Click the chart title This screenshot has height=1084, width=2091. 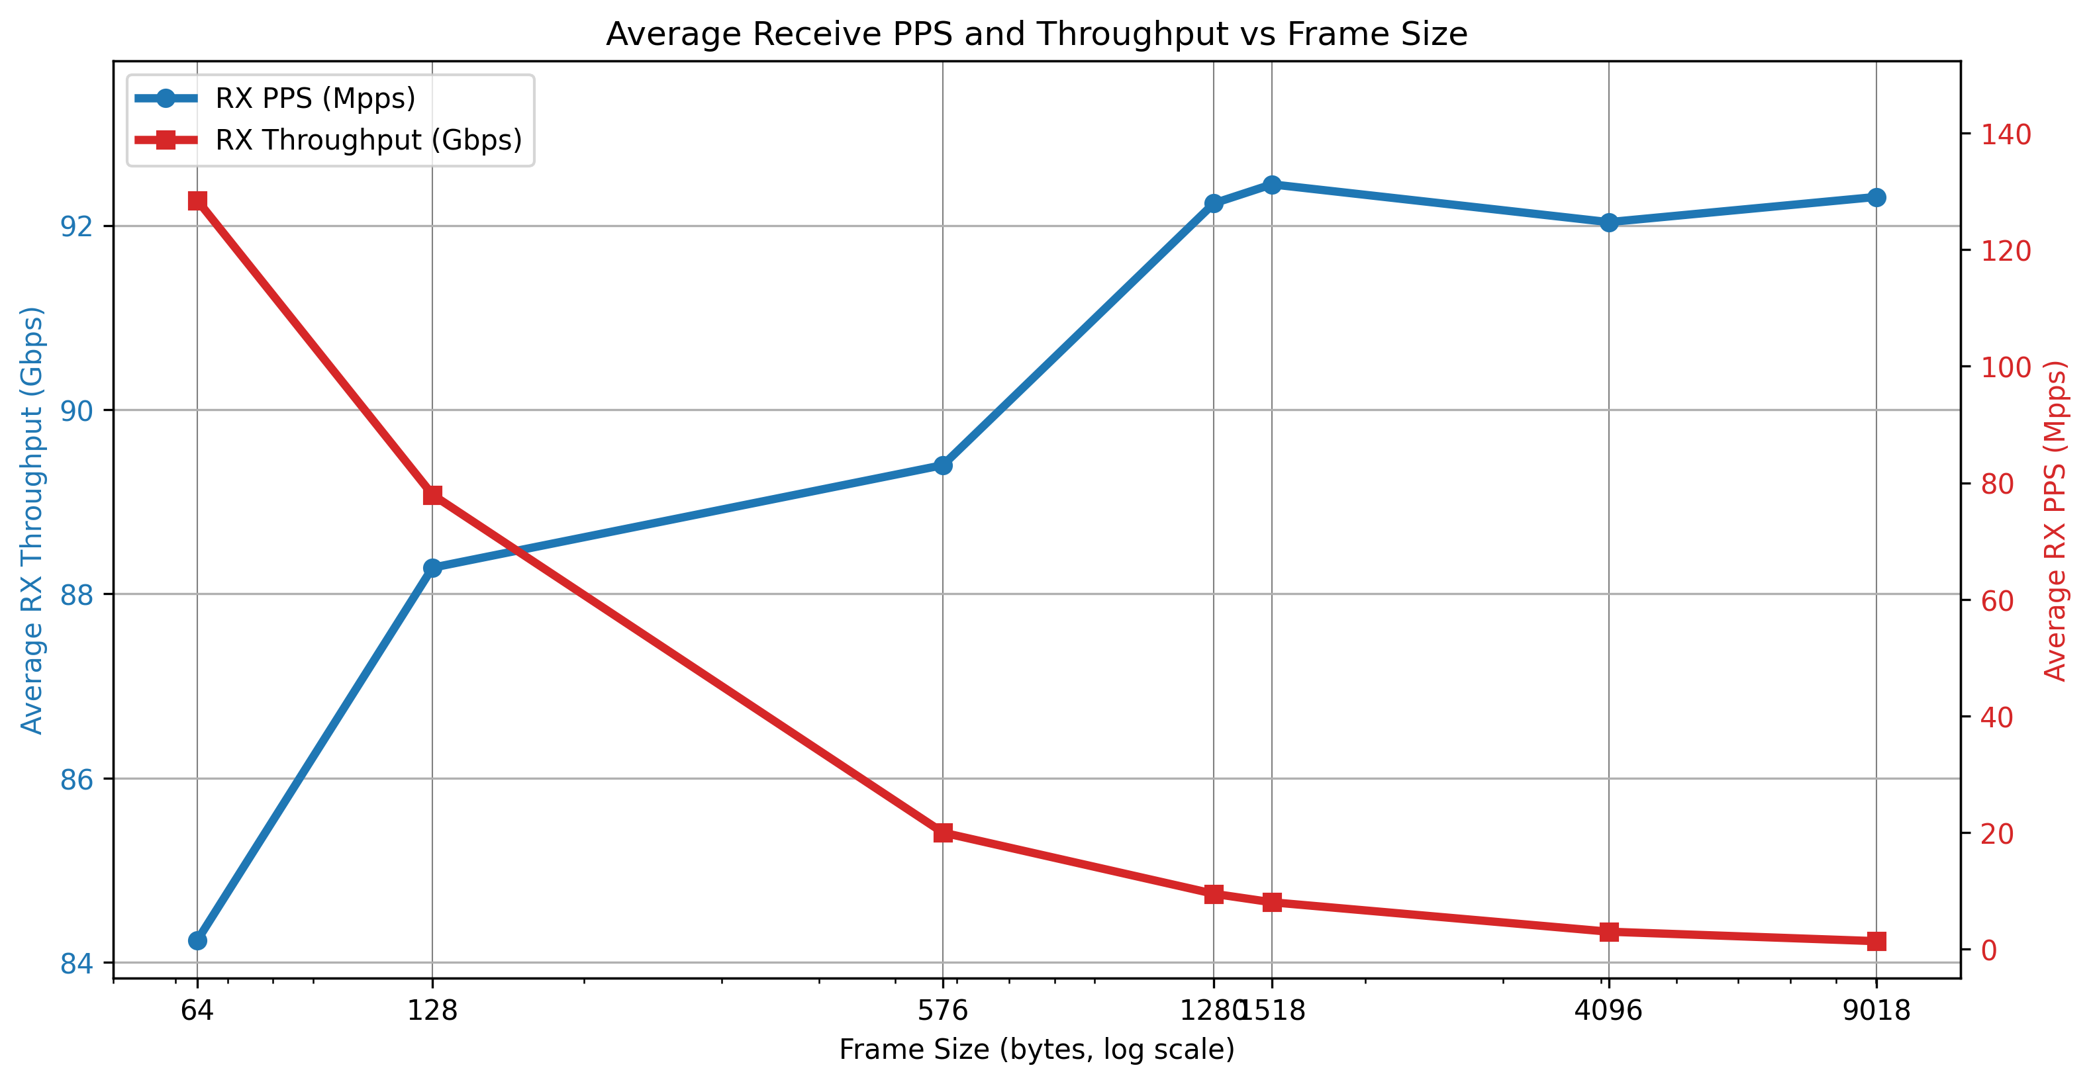(1037, 34)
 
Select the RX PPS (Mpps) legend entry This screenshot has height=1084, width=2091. (315, 98)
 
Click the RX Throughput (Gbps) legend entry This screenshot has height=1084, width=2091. (367, 140)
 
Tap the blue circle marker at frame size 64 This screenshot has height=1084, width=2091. (197, 940)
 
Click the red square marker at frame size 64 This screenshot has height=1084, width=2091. (197, 201)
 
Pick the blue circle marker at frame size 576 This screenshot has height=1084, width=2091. (942, 465)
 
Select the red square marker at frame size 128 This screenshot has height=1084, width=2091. (432, 495)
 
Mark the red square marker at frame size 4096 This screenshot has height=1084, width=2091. (1609, 932)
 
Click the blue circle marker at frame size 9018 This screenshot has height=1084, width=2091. (1876, 197)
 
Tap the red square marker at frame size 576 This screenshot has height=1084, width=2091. (942, 833)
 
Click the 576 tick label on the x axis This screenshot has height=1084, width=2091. (942, 1010)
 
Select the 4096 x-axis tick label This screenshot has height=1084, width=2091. (1608, 1010)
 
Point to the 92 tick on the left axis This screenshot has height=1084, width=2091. (77, 226)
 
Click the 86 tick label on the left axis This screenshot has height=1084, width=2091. (77, 779)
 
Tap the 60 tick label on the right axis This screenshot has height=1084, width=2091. (1997, 600)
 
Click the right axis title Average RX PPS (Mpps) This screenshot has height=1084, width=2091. (2055, 519)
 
